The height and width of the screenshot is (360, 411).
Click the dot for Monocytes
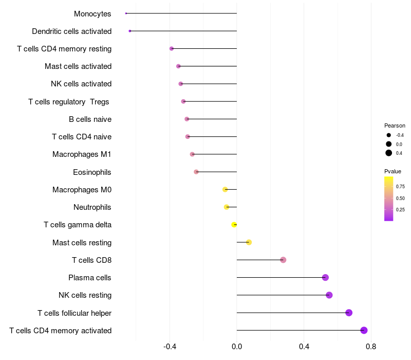pyautogui.click(x=126, y=13)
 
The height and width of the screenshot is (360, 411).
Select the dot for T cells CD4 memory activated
pyautogui.click(x=364, y=330)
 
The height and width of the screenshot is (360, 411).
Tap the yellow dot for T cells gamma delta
pyautogui.click(x=234, y=225)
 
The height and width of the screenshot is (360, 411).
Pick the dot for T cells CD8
pyautogui.click(x=283, y=260)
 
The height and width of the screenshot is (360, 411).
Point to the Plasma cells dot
pyautogui.click(x=325, y=277)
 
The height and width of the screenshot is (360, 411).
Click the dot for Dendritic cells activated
pyautogui.click(x=130, y=31)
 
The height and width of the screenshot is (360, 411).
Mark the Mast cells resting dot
pyautogui.click(x=249, y=242)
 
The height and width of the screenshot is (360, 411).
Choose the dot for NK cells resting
pyautogui.click(x=329, y=295)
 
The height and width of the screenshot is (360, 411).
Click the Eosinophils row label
pyautogui.click(x=92, y=172)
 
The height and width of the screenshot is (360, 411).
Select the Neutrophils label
pyautogui.click(x=92, y=207)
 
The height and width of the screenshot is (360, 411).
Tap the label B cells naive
pyautogui.click(x=90, y=119)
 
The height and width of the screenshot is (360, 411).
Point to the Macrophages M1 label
pyautogui.click(x=82, y=154)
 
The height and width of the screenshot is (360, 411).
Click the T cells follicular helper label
pyautogui.click(x=74, y=313)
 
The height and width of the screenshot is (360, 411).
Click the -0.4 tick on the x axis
pyautogui.click(x=170, y=347)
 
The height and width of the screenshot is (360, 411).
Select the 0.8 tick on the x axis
pyautogui.click(x=371, y=347)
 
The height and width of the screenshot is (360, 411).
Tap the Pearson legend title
pyautogui.click(x=395, y=125)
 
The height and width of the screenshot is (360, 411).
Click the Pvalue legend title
pyautogui.click(x=393, y=171)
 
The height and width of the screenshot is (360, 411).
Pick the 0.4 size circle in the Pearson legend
pyautogui.click(x=389, y=153)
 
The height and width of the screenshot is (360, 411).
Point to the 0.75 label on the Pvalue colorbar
pyautogui.click(x=400, y=187)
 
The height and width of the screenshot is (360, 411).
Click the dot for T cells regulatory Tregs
pyautogui.click(x=183, y=101)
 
